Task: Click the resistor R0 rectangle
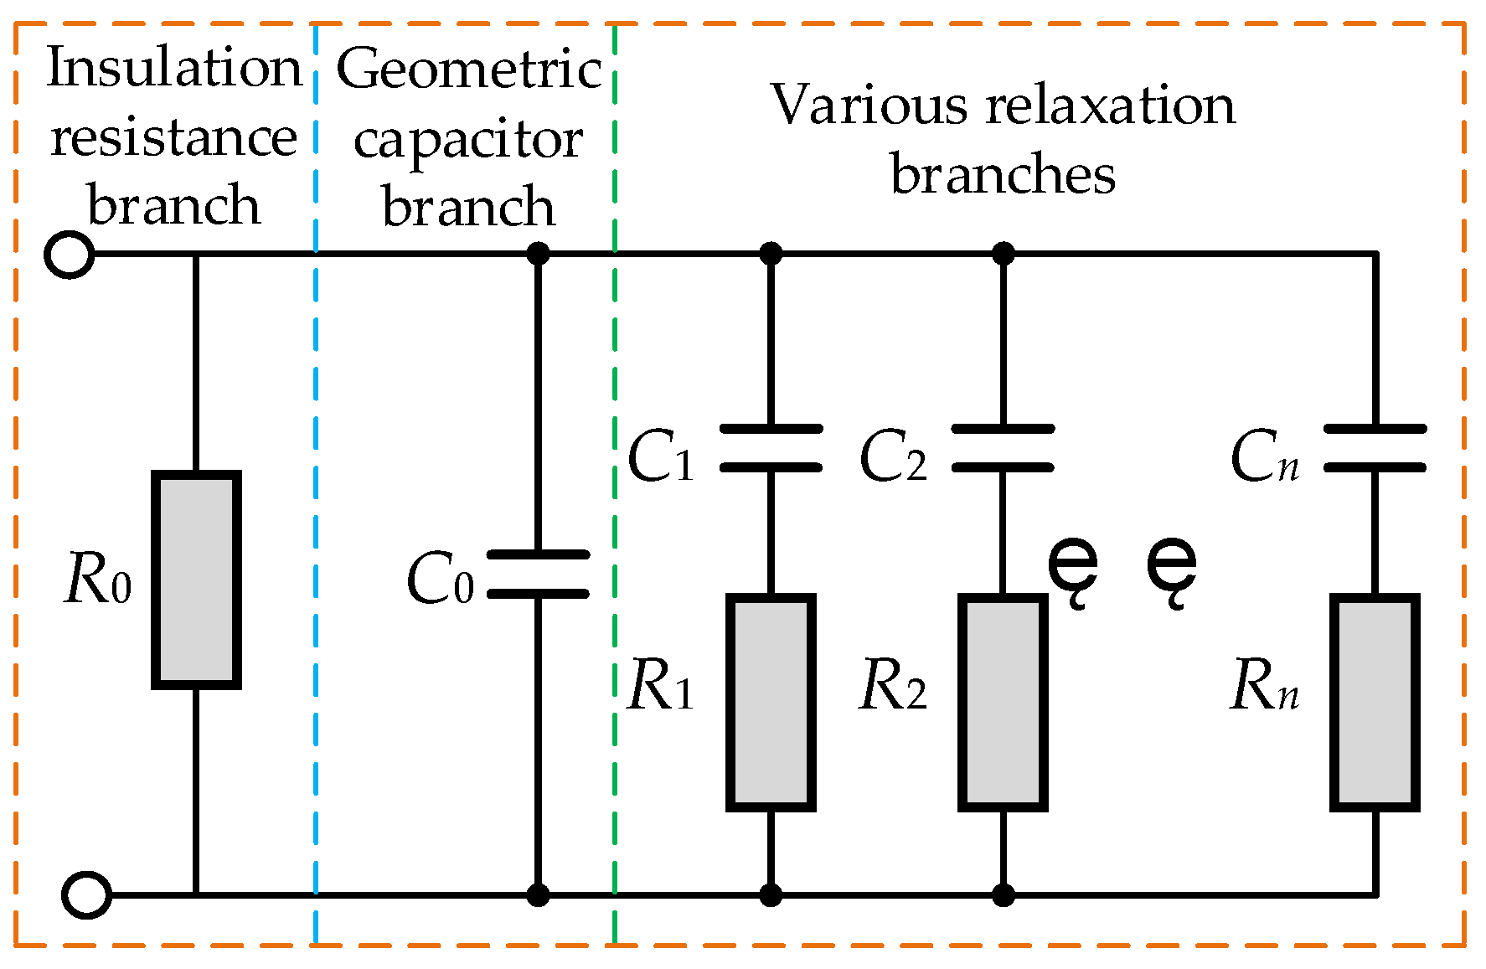click(x=196, y=580)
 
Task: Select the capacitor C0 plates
click(x=538, y=575)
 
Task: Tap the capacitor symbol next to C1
click(x=771, y=448)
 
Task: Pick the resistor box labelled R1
click(x=771, y=703)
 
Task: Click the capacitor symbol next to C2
click(x=1003, y=448)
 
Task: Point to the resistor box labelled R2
click(x=1003, y=703)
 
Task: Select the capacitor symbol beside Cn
click(x=1375, y=448)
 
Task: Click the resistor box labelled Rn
click(x=1375, y=703)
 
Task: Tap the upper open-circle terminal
click(x=69, y=254)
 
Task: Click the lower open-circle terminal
click(x=86, y=895)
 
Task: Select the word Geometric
click(x=469, y=69)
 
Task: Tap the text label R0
click(x=97, y=580)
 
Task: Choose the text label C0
click(x=440, y=580)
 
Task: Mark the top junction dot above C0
click(x=538, y=253)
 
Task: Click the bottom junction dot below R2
click(x=1003, y=895)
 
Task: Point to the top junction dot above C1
click(x=771, y=253)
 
